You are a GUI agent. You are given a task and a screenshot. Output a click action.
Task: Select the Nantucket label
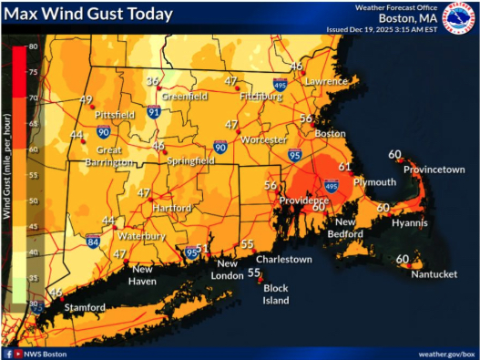point(432,273)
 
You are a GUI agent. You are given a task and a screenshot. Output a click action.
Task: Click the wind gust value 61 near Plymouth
point(345,167)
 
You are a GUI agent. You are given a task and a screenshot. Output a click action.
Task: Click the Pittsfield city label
point(113,116)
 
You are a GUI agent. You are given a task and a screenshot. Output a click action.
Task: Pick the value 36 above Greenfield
point(153,81)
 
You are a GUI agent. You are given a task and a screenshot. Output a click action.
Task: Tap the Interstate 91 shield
point(155,112)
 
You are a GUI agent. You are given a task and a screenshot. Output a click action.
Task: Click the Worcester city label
point(265,140)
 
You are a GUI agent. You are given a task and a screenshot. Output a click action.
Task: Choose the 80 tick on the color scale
point(33,46)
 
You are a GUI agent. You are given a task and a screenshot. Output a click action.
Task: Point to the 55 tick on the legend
point(33,174)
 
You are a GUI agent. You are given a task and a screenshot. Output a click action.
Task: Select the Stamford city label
point(85,307)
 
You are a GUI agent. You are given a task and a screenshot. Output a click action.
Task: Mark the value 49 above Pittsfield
point(87,100)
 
